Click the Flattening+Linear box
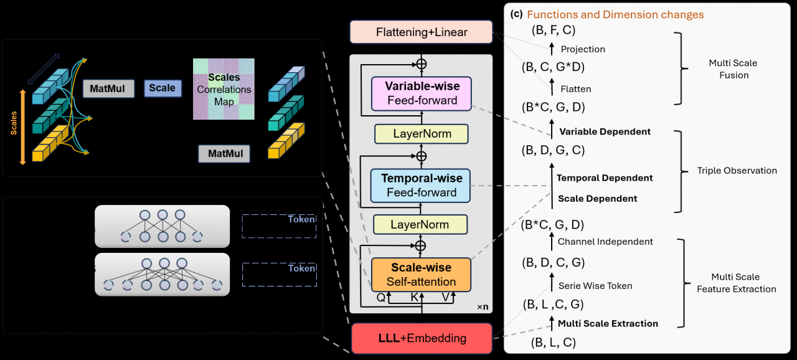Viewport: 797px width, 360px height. pos(421,32)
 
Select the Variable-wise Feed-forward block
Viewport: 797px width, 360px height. pos(421,93)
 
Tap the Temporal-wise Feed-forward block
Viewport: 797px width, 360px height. pos(421,186)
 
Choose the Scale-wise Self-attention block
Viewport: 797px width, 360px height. pos(421,275)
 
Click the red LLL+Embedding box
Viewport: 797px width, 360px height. pos(421,338)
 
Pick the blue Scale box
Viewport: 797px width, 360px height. pos(162,88)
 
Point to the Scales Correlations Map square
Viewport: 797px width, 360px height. pos(224,89)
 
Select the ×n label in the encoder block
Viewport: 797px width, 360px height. pos(483,306)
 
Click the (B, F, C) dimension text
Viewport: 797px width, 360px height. pos(553,29)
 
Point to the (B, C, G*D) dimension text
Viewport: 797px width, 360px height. pos(553,67)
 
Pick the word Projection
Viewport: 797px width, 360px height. pos(583,49)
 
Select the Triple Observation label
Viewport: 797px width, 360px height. pos(737,170)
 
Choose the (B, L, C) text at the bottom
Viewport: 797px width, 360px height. pos(553,342)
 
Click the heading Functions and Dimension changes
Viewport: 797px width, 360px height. pos(615,15)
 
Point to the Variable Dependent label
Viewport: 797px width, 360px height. pos(605,131)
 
